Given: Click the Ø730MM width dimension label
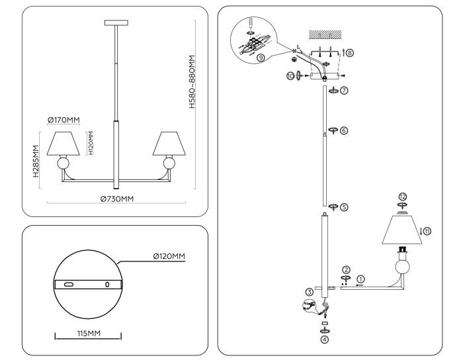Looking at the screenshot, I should click(117, 199).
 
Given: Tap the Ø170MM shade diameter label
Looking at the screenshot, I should click(63, 120).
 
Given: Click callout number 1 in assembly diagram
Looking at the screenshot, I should click(360, 279).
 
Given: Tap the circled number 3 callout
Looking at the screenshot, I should click(309, 292).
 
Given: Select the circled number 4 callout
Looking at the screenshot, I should click(324, 339).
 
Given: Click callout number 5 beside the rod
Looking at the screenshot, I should click(344, 206).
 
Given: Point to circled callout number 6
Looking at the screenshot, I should click(344, 130).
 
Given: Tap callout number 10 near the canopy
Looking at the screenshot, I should click(290, 76).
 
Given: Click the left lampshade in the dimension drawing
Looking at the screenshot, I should click(63, 142).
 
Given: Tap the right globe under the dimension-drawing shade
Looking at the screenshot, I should click(169, 163).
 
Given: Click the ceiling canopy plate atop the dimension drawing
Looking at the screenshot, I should click(118, 24).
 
